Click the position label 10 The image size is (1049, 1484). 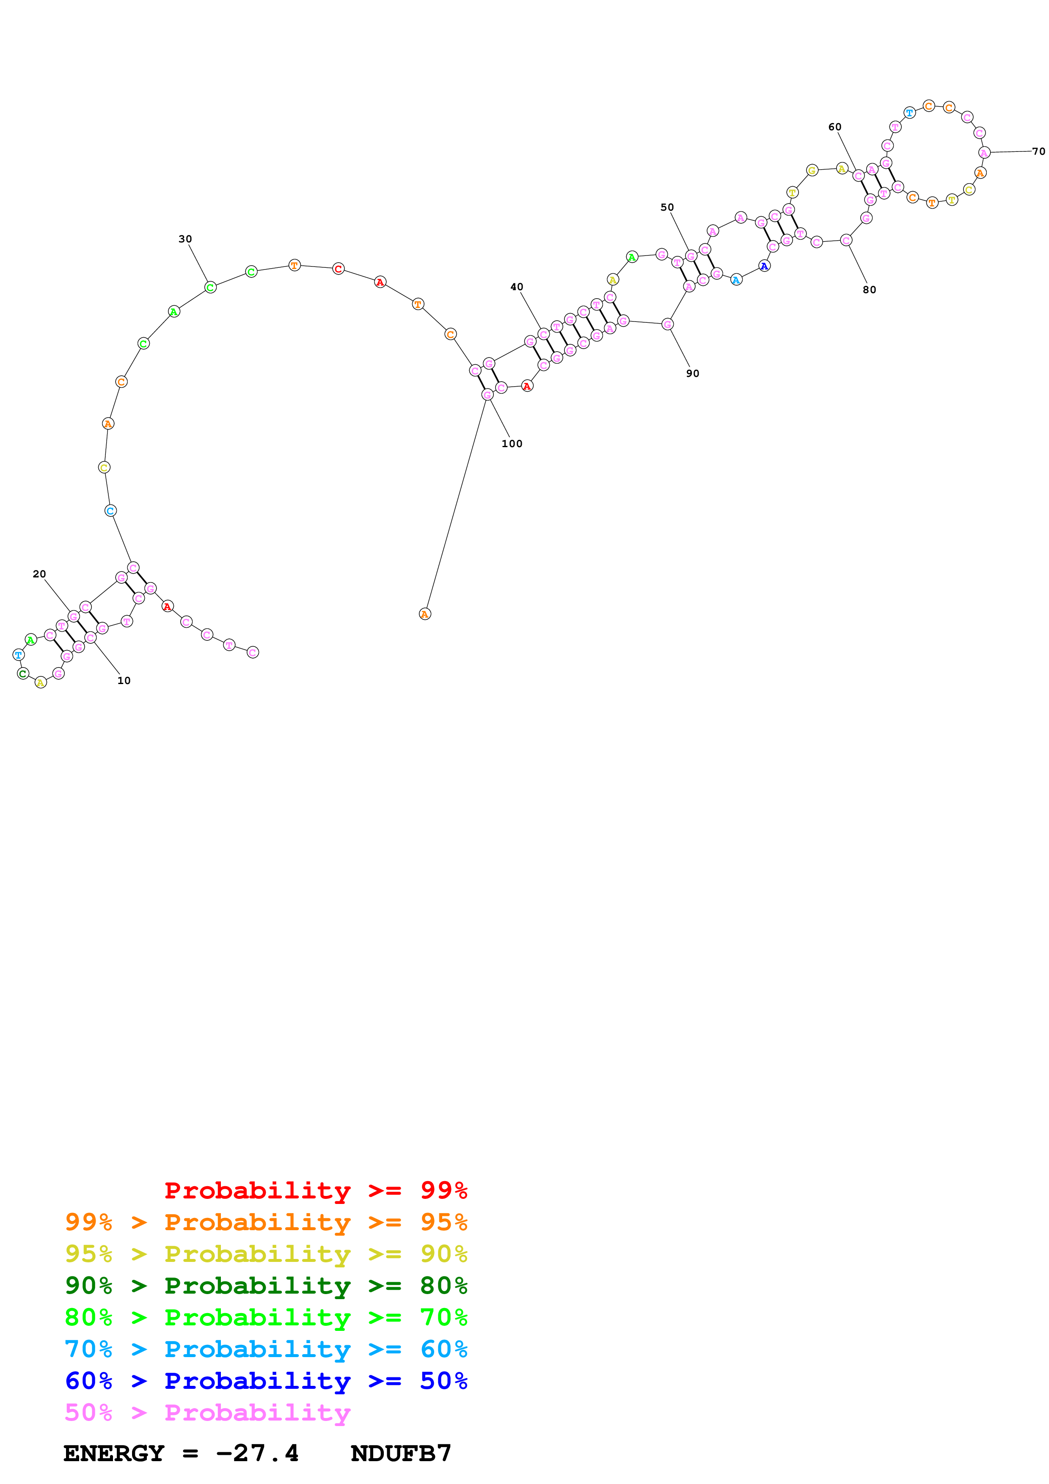tap(124, 681)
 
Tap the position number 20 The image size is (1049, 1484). tap(39, 574)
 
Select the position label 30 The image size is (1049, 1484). tap(185, 239)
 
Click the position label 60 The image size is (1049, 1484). tap(835, 127)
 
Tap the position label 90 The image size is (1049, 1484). tap(693, 374)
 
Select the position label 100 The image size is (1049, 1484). tap(512, 443)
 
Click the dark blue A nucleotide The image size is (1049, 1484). tap(764, 266)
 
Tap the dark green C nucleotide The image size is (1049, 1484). tap(22, 673)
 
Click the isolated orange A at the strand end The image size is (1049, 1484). tap(425, 614)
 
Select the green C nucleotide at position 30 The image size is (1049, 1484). tap(210, 287)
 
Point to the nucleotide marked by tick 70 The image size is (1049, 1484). tap(984, 153)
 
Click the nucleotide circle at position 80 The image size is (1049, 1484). tap(846, 240)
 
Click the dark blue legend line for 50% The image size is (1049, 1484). tap(266, 1381)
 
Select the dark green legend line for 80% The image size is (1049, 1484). tap(266, 1286)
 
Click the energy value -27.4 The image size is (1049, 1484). tap(257, 1453)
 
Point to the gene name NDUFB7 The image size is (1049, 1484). tap(401, 1453)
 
